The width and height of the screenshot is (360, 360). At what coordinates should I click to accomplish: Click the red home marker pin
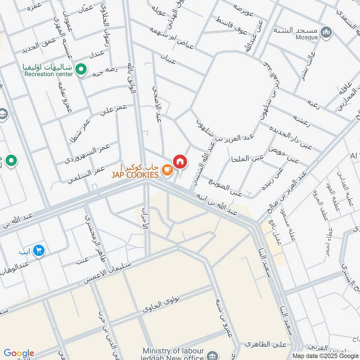tap(180, 162)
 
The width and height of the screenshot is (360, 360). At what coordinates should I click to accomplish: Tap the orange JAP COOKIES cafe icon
tap(167, 170)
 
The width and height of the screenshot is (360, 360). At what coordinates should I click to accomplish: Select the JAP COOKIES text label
tap(135, 175)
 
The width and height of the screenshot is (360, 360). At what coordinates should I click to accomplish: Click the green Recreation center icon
tap(81, 69)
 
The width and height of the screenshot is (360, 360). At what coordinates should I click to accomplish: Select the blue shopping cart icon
tap(39, 250)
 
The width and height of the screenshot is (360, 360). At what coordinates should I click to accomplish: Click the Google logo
tap(18, 353)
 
